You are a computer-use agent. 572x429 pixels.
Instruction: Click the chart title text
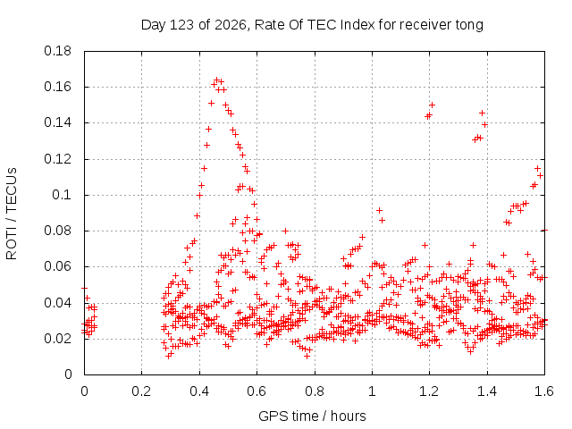tap(312, 25)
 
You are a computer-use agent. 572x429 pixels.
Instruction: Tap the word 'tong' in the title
tap(469, 25)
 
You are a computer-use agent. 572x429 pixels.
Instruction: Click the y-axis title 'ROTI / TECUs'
tap(12, 214)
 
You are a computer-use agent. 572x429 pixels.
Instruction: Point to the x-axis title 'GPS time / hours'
tap(312, 416)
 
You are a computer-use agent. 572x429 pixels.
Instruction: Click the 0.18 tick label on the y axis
tap(57, 51)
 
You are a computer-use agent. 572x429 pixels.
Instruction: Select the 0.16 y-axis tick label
tap(57, 87)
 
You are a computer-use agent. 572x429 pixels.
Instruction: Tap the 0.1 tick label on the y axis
tap(62, 195)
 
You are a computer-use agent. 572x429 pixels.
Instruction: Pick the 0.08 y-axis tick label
tap(57, 231)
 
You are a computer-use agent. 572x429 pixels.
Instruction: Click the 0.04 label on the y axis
tap(57, 303)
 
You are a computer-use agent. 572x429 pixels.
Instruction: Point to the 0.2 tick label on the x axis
tap(141, 391)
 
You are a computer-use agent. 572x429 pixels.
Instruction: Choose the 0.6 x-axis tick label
tap(257, 391)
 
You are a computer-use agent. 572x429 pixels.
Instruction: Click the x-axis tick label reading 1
tap(372, 391)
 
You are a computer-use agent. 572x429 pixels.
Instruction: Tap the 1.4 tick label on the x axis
tap(487, 391)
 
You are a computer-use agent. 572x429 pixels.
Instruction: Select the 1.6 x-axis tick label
tap(544, 391)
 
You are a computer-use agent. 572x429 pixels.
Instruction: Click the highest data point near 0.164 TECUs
tap(216, 80)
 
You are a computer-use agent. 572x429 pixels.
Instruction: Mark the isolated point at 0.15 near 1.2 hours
tap(432, 105)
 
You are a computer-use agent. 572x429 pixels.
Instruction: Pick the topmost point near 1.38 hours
tap(483, 114)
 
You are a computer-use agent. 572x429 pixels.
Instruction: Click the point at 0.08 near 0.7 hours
tap(286, 231)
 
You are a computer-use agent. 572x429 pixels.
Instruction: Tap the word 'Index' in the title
tap(357, 25)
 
